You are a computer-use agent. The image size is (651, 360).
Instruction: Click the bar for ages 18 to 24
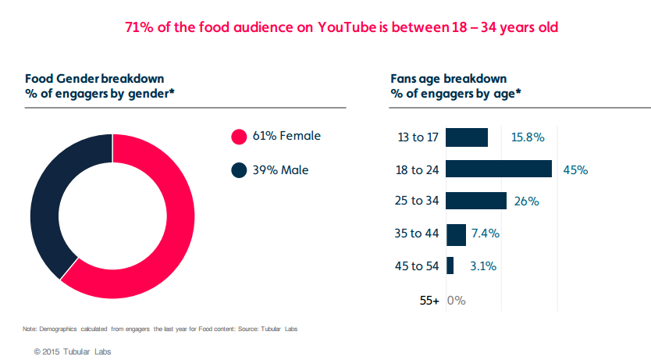tap(499, 169)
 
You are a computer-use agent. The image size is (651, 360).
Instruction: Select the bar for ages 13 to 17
tap(467, 137)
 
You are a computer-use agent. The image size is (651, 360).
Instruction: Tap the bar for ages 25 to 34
tap(476, 201)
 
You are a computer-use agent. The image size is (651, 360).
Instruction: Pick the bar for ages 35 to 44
tap(456, 233)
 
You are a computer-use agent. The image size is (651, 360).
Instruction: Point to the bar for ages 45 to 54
tap(450, 266)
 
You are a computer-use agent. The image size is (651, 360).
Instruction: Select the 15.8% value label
tap(528, 137)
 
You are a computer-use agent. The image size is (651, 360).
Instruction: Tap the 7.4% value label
tap(486, 233)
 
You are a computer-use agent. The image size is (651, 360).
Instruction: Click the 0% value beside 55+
tap(457, 299)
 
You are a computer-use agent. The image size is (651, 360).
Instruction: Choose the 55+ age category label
tap(429, 299)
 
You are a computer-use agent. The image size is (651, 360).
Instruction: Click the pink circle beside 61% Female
tap(239, 137)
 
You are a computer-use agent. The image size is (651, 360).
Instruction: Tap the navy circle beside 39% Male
tap(239, 169)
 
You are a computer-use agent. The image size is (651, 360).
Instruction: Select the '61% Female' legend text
tap(286, 136)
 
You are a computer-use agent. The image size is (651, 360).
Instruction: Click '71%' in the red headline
tap(138, 27)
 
